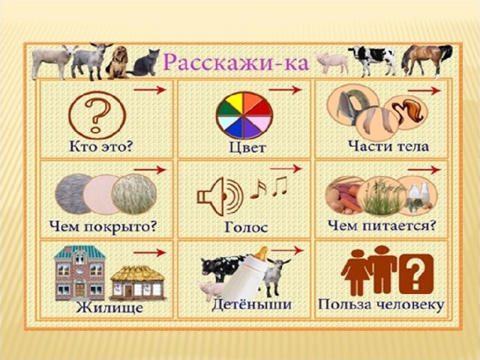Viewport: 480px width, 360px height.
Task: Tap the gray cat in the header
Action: tap(145, 63)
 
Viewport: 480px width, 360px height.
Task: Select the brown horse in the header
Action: tap(427, 60)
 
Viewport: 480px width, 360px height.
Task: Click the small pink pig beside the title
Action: tap(331, 63)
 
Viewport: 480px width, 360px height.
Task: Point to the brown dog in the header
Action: tap(117, 63)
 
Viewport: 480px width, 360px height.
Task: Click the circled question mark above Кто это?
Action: tap(97, 115)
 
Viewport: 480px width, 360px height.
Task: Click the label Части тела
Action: tap(388, 146)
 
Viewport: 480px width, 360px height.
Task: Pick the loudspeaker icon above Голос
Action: tap(220, 196)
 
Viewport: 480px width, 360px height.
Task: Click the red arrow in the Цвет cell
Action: tap(285, 90)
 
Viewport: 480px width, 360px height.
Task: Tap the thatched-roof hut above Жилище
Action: tap(137, 283)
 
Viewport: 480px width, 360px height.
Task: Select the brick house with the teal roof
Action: tap(79, 273)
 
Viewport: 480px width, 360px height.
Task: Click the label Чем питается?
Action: tap(382, 226)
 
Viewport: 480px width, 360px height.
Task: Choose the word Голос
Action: tap(246, 227)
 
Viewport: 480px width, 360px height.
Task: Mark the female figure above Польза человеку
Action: tap(355, 272)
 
